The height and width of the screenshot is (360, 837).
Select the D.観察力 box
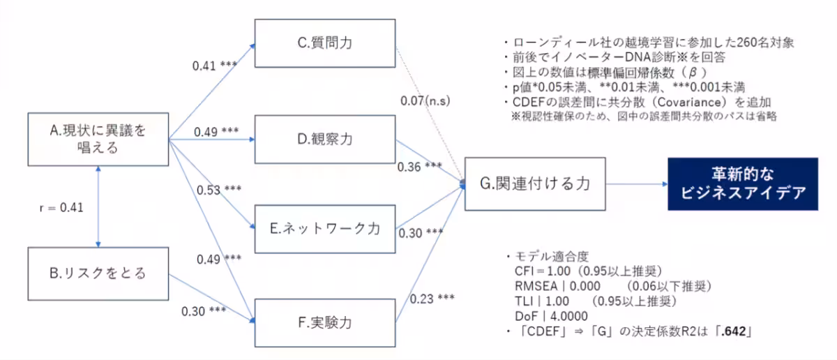tap(324, 139)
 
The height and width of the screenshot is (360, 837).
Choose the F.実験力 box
tap(324, 322)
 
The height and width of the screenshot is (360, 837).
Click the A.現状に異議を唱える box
tap(99, 139)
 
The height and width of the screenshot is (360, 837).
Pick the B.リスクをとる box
tap(99, 273)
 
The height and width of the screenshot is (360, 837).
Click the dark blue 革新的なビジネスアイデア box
tap(741, 183)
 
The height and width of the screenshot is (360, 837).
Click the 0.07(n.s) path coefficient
tap(425, 101)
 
